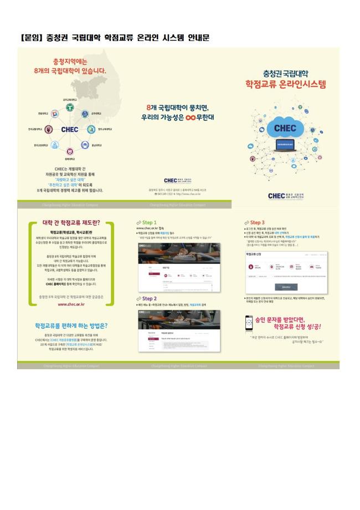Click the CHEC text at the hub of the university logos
(x=70, y=129)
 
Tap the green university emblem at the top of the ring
(x=70, y=107)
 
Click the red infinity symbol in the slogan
(x=191, y=118)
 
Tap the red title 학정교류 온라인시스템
(x=286, y=84)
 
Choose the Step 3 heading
(x=257, y=222)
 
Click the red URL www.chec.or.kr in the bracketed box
(x=70, y=304)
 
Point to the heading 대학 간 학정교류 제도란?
(x=70, y=223)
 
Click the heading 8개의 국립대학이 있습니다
(x=70, y=71)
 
